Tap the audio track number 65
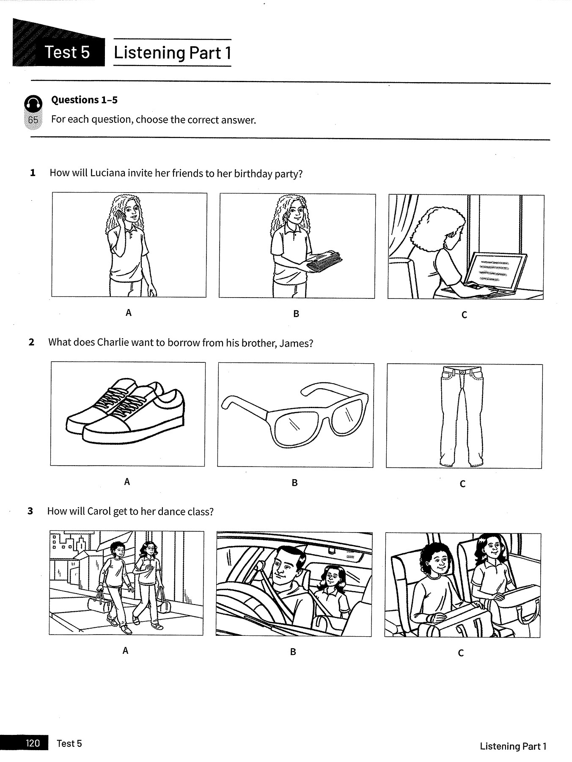33,120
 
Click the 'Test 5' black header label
67,52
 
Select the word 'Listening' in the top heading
150,53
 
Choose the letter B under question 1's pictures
296,314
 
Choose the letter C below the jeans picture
462,483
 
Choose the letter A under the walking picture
125,651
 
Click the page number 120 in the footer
33,743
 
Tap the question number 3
30,511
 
